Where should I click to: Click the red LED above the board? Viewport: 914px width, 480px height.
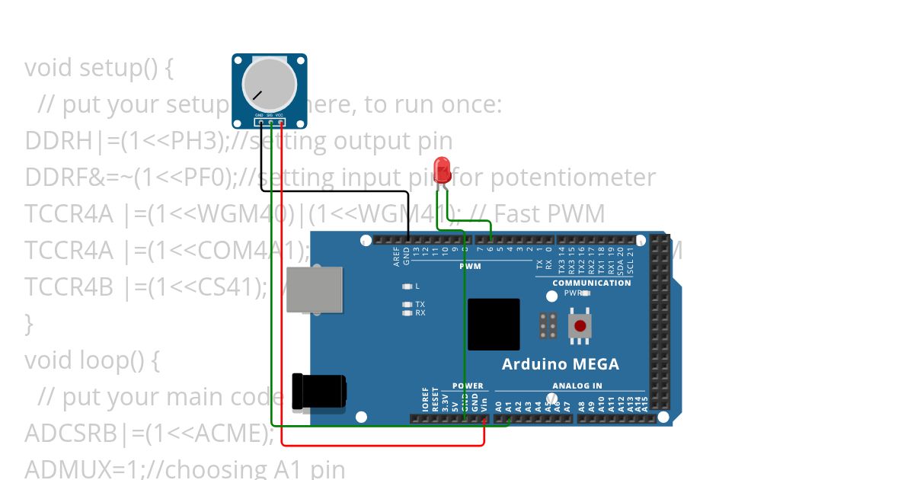(x=441, y=168)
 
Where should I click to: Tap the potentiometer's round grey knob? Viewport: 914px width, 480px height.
(x=268, y=85)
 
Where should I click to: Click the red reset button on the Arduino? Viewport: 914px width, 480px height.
(x=580, y=325)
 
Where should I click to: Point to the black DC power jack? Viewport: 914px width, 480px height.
(x=320, y=390)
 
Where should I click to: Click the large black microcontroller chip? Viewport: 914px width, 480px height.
(x=494, y=324)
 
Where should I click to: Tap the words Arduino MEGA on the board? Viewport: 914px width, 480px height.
(x=560, y=364)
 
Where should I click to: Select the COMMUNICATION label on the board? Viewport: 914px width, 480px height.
(x=591, y=283)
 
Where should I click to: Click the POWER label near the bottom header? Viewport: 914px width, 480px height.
(x=468, y=386)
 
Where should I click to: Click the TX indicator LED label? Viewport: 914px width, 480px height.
(x=420, y=304)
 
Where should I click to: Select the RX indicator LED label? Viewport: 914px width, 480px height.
(x=420, y=312)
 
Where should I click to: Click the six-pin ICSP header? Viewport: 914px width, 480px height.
(x=547, y=325)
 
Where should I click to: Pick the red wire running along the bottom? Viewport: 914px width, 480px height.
(x=381, y=445)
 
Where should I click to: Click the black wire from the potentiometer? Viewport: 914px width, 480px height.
(x=335, y=190)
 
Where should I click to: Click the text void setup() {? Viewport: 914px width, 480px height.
(x=99, y=68)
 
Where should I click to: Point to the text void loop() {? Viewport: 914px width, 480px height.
(x=91, y=360)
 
